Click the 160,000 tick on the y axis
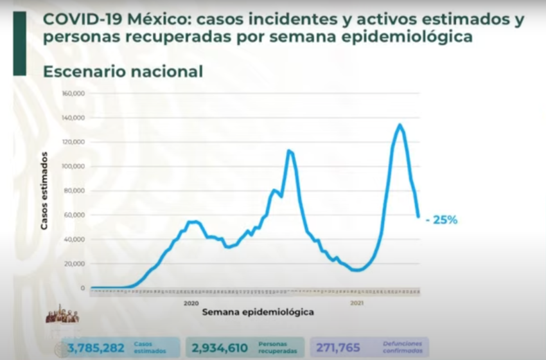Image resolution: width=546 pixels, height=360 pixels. pos(74,93)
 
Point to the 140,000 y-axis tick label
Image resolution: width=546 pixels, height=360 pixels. pos(74,118)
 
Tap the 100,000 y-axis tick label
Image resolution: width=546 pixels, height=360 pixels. pos(74,166)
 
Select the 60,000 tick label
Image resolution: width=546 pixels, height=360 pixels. pos(76,215)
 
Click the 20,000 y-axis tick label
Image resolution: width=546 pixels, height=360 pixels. pos(76,264)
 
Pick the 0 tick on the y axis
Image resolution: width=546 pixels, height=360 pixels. pos(82,288)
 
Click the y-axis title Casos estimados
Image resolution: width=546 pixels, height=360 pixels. pos(44,191)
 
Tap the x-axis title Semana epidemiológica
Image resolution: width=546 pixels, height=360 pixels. pos(258,312)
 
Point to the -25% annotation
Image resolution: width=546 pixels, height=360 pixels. pos(441,220)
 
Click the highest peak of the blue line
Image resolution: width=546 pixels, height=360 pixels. pos(400,125)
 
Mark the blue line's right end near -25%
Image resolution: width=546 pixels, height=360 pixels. pos(418,216)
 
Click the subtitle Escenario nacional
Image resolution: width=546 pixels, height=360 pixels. pos(123,71)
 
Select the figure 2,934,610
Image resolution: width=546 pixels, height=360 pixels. pos(219,348)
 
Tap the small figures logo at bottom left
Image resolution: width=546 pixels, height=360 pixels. pos(62,315)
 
